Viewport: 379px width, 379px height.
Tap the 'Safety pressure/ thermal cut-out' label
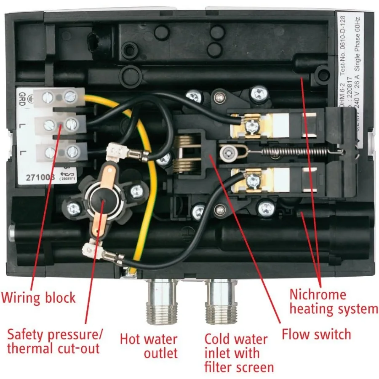(55, 342)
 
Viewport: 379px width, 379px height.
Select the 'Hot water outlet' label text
(149, 346)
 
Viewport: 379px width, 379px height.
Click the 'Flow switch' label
(316, 335)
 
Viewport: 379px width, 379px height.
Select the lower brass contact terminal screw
(253, 181)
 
